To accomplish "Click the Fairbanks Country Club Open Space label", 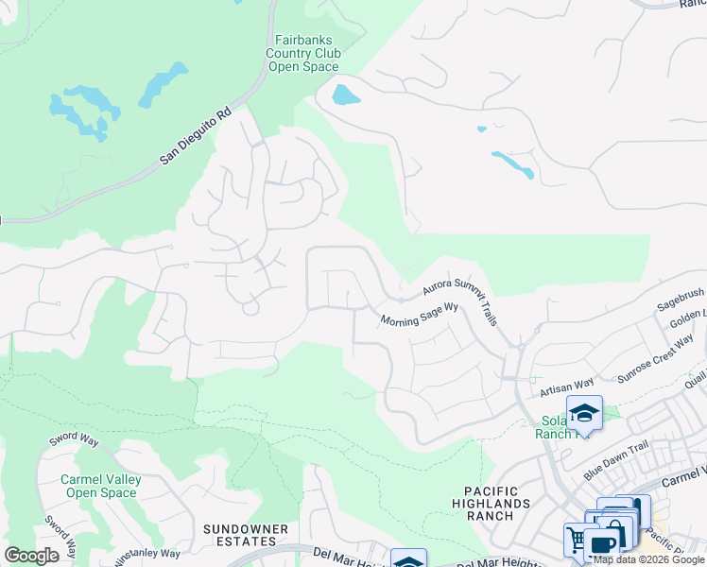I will (304, 53).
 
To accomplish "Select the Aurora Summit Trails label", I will (460, 301).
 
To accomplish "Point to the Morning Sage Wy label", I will (419, 315).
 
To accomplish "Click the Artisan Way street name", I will (566, 385).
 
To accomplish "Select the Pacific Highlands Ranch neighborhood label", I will (504, 497).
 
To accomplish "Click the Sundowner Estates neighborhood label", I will (239, 534).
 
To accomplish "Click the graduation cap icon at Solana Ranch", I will (584, 412).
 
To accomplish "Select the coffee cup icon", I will (601, 545).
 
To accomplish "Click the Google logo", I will (31, 556).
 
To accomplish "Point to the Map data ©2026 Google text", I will (649, 559).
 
